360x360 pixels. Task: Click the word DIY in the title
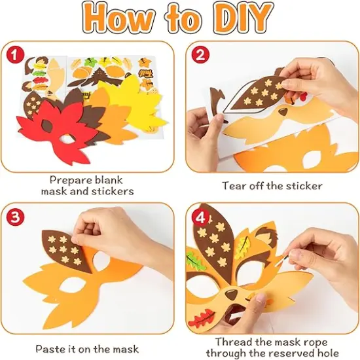coord(239,19)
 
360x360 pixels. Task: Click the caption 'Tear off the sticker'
coord(272,185)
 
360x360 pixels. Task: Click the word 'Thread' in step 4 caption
coord(232,342)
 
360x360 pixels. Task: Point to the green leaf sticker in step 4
coord(194,261)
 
